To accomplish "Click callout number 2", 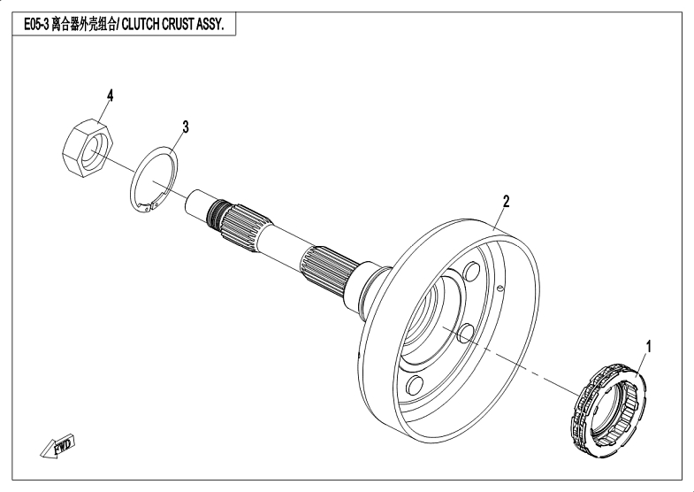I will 506,200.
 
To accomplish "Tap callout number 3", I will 185,127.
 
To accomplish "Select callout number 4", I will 111,95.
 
